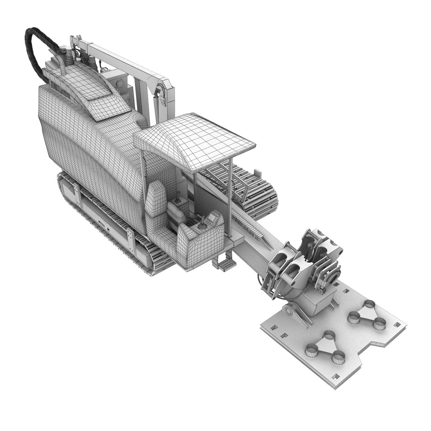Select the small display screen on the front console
[202, 228]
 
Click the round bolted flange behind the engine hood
[119, 83]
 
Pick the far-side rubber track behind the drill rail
[247, 192]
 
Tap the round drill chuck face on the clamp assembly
[334, 275]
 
